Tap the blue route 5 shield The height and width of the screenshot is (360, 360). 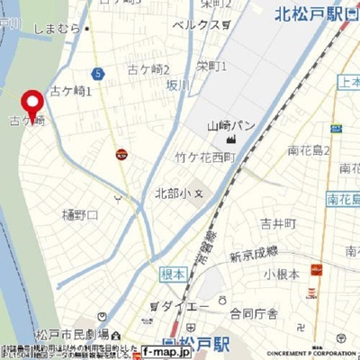tap(96, 72)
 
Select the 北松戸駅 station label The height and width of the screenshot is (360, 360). tap(311, 13)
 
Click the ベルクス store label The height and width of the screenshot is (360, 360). tap(195, 24)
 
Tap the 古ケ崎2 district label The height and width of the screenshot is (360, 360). tap(148, 69)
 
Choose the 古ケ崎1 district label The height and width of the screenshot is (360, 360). tap(72, 90)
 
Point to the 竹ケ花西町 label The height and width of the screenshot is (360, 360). tap(204, 157)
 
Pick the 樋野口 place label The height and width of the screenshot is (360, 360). tap(79, 214)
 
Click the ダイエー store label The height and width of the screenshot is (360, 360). tap(192, 306)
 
